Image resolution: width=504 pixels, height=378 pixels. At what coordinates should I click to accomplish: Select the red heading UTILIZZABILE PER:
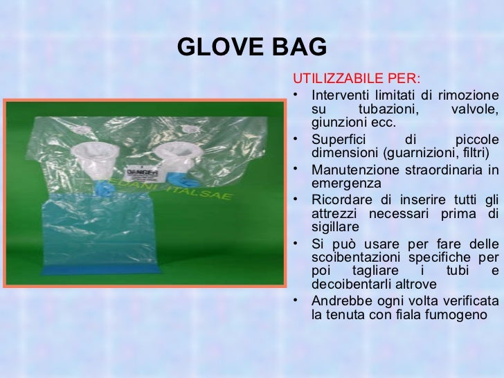coord(358,76)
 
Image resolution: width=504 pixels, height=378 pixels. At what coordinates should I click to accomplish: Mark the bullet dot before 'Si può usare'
coord(296,242)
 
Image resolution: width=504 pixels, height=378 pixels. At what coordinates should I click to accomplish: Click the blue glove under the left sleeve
coord(104,186)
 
